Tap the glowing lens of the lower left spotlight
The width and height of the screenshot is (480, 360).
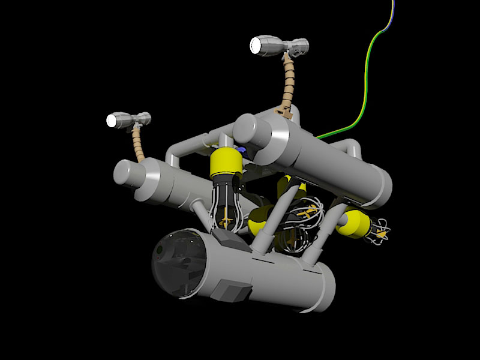(x=112, y=120)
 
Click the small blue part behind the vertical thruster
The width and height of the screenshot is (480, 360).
(x=242, y=149)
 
